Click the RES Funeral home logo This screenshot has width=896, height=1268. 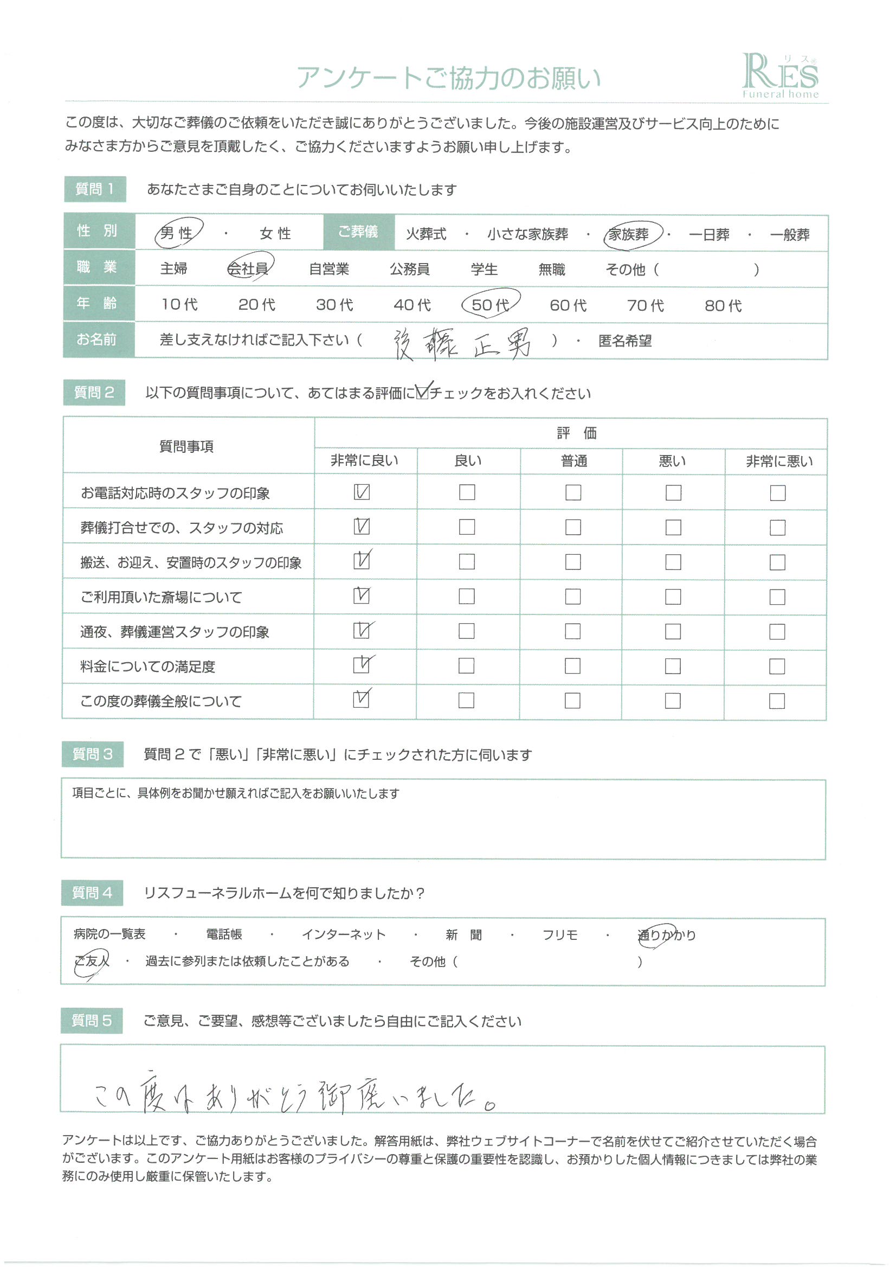[x=779, y=76]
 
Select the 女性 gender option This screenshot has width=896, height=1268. [x=275, y=234]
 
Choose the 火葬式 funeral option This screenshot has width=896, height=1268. [x=426, y=234]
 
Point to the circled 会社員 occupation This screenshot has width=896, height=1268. [x=248, y=269]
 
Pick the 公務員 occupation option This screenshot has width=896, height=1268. [x=410, y=269]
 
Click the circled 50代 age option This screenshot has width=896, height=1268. [x=490, y=305]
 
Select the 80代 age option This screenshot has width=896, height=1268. [x=723, y=305]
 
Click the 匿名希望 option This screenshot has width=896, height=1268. [x=625, y=341]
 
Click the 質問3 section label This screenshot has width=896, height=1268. [x=92, y=754]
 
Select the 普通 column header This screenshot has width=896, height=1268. [x=573, y=460]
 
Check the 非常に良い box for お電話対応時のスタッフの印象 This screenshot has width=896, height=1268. [x=362, y=492]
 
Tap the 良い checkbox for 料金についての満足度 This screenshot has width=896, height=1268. [x=467, y=665]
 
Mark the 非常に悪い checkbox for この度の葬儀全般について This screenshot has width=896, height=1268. [x=777, y=701]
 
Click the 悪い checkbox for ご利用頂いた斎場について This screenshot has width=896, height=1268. [x=673, y=597]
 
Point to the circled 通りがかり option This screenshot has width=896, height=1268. [x=666, y=935]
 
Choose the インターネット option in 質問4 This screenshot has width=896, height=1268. [x=343, y=934]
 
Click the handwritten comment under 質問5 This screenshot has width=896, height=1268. [x=295, y=1096]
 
